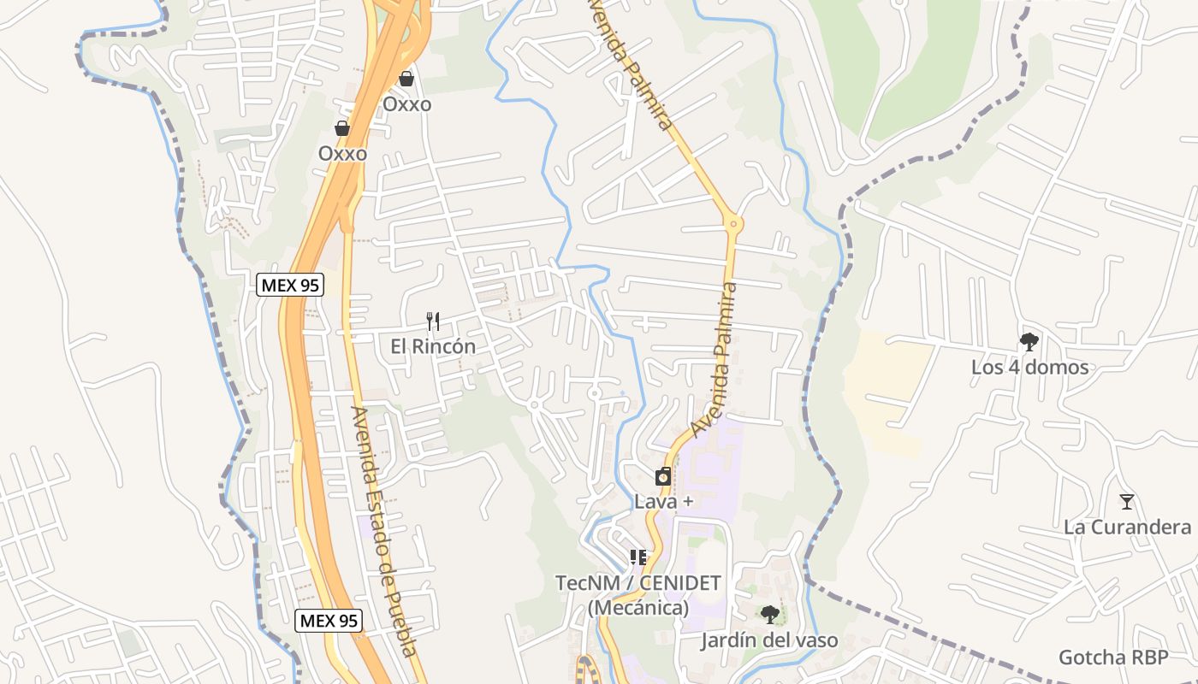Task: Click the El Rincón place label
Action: click(433, 346)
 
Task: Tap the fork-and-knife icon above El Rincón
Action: click(433, 321)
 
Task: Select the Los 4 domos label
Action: click(1029, 367)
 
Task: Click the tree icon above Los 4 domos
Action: click(1029, 342)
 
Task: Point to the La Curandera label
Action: click(1127, 527)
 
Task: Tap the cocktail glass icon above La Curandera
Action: click(1127, 502)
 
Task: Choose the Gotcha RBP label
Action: click(1112, 657)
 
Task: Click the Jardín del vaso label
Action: click(769, 640)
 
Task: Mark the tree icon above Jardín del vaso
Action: click(769, 614)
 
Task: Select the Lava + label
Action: click(663, 502)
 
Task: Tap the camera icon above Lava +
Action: click(663, 477)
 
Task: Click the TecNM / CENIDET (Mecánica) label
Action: click(638, 595)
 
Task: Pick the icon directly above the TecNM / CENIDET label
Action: click(638, 557)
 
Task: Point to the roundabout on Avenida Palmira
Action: click(732, 224)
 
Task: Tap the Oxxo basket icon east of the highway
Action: click(406, 79)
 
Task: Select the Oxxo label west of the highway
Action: click(342, 154)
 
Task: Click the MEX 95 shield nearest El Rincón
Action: click(290, 285)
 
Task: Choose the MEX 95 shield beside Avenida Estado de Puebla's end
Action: click(329, 621)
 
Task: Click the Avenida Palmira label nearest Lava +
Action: click(715, 359)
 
